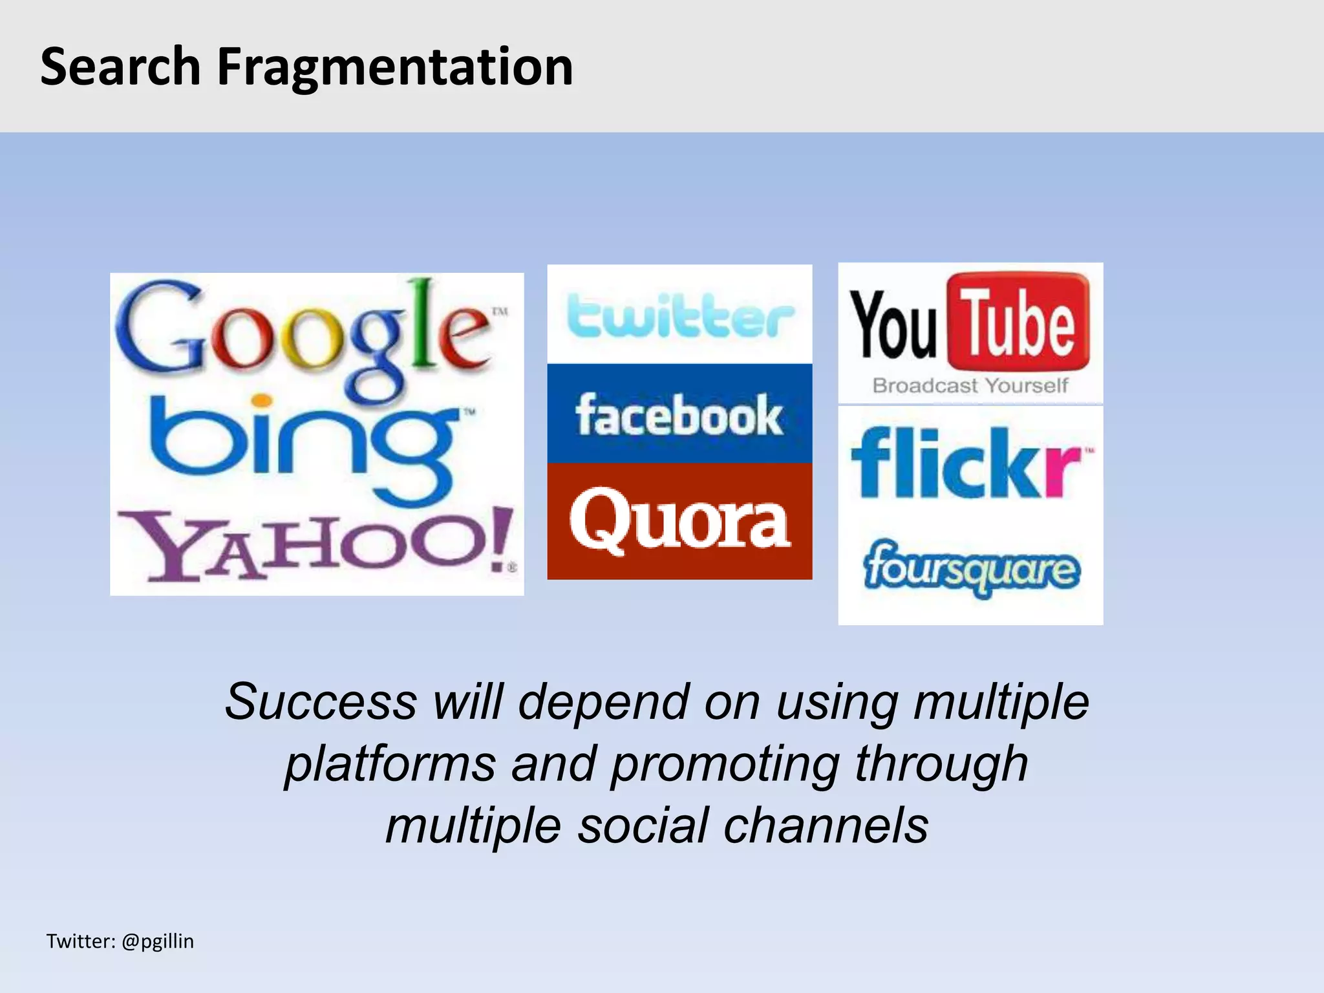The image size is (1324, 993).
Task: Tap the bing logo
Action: (x=304, y=446)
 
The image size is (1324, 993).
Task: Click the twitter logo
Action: (x=679, y=315)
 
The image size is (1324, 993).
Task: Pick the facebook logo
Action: (x=679, y=415)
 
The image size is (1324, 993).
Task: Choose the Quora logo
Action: (x=679, y=521)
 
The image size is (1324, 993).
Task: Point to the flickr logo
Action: (x=966, y=463)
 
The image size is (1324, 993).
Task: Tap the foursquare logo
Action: (x=971, y=569)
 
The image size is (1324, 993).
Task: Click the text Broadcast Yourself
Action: (x=970, y=386)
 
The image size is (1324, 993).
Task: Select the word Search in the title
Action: (x=120, y=67)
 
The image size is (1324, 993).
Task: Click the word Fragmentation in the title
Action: (x=394, y=67)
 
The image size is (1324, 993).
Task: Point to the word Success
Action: (x=321, y=702)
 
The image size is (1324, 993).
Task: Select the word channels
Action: (x=826, y=826)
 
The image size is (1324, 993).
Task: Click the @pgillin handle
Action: (x=157, y=941)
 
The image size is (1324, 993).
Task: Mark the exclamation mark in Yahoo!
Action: (x=498, y=540)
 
